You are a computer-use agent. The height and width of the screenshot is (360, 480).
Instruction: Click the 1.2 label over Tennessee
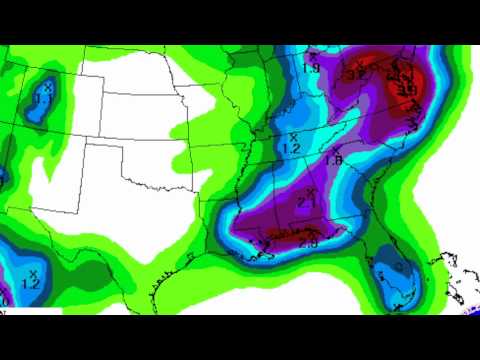tap(291, 148)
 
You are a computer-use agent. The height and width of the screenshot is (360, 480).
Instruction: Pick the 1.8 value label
tap(335, 159)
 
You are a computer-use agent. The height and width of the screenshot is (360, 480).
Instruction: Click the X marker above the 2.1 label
tap(311, 190)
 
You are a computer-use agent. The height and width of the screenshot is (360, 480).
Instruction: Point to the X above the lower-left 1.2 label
tap(33, 272)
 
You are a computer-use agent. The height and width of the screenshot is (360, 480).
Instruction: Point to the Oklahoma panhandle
tap(104, 147)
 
